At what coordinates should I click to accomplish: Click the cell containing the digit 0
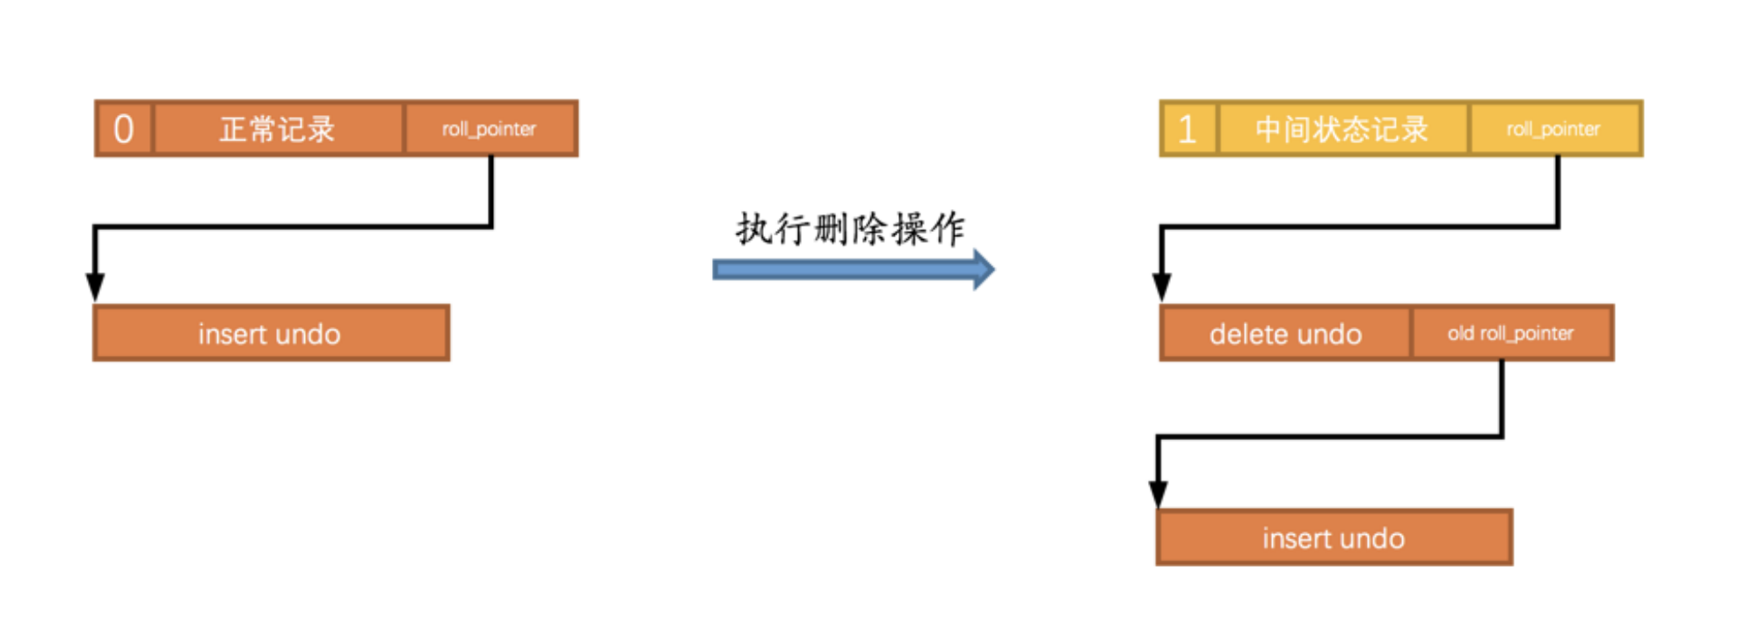click(x=124, y=129)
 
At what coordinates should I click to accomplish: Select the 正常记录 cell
click(x=278, y=129)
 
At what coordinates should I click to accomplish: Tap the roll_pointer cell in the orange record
click(x=490, y=129)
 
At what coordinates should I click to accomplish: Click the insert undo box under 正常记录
click(x=271, y=334)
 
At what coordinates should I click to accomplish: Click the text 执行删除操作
click(x=850, y=229)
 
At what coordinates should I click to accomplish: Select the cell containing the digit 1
click(x=1188, y=129)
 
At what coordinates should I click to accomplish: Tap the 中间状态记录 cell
click(x=1341, y=129)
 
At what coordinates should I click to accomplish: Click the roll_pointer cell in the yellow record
click(x=1553, y=129)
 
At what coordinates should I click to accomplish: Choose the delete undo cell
click(x=1285, y=334)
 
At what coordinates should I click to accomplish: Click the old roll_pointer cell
click(x=1511, y=334)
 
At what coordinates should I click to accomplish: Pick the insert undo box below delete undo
click(x=1333, y=538)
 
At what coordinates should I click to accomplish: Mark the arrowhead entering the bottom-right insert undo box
click(x=1159, y=494)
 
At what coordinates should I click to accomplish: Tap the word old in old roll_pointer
click(x=1461, y=334)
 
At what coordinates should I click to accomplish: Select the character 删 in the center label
click(x=831, y=229)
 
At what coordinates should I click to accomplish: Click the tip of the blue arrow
click(x=992, y=269)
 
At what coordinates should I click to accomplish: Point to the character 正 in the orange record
click(x=233, y=129)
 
